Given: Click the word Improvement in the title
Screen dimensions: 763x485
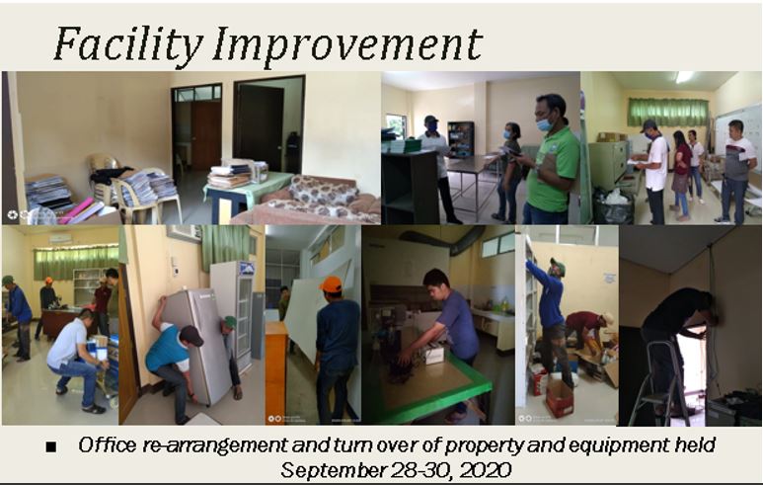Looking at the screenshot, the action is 346,43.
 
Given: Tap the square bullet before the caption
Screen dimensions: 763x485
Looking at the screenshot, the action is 50,446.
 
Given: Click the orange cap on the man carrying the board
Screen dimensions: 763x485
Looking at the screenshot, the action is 331,284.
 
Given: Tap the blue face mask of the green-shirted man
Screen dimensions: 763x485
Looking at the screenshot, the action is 545,124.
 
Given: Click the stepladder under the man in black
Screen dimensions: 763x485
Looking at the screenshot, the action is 659,382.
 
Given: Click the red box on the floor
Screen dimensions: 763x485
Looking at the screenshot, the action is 560,398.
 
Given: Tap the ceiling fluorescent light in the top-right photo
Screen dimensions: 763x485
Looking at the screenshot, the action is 684,77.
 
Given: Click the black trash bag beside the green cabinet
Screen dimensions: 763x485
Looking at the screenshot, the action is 613,206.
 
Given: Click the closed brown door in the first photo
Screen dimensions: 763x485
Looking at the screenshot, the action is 206,135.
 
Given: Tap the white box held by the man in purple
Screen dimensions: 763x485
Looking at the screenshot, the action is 433,355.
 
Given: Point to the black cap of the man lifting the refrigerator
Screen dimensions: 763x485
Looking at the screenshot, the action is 192,335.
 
